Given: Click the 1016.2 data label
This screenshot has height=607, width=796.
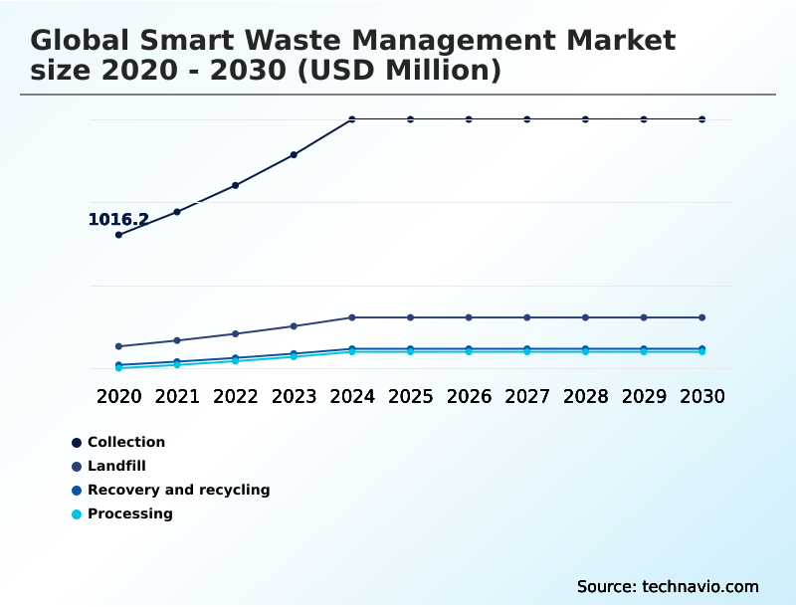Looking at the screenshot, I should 118,220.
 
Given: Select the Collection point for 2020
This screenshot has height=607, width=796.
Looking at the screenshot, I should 118,235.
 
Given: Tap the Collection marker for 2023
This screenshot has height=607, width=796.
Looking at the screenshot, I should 294,155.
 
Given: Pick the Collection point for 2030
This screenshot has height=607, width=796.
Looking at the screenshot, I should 702,119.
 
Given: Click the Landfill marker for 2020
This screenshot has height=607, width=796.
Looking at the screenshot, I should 118,346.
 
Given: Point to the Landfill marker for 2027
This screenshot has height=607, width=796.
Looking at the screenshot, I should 527,317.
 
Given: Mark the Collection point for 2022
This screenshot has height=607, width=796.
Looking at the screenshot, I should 236,185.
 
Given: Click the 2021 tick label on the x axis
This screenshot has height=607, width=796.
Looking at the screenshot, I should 177,396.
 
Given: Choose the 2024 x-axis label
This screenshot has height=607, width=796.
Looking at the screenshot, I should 352,396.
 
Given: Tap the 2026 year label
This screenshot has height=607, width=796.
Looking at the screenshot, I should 469,396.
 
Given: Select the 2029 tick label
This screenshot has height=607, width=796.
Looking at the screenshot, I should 644,396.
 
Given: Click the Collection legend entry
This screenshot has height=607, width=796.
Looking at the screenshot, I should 126,442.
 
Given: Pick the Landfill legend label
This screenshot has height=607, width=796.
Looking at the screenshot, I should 116,466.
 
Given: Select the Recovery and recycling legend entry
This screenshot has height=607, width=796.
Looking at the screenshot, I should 178,490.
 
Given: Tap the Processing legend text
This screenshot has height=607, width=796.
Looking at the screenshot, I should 129,513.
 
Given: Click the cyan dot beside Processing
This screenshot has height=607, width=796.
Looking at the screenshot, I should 77,514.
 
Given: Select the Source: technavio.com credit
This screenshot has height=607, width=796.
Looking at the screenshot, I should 668,586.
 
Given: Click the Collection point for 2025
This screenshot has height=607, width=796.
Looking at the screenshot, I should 410,119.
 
